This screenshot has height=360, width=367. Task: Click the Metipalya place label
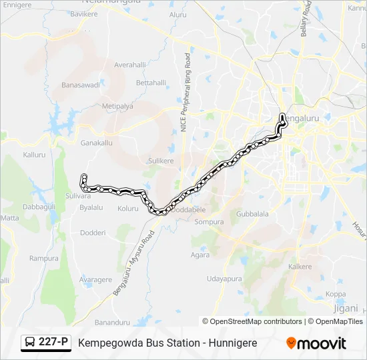117,106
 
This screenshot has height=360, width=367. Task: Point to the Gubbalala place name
252,214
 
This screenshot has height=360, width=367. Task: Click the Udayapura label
223,279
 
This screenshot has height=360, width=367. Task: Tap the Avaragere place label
95,280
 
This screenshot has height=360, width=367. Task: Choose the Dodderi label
93,232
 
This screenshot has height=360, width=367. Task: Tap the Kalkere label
300,267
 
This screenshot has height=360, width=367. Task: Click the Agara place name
200,255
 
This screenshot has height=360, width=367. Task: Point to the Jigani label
346,307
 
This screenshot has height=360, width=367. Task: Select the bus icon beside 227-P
30,343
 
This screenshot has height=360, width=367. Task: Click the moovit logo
316,343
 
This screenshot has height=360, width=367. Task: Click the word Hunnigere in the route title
230,343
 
